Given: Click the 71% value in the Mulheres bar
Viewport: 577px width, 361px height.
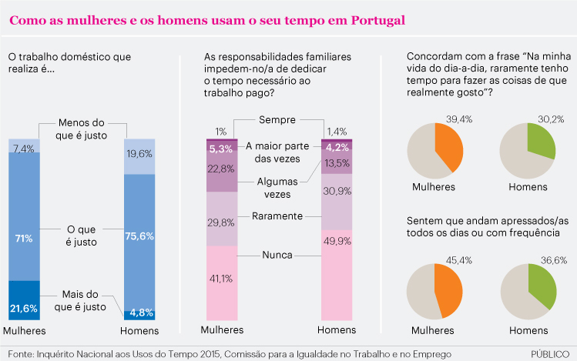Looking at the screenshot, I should point(25,239).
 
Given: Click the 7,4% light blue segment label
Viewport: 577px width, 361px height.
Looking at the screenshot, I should point(24,147).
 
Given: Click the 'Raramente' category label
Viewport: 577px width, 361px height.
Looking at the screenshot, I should point(277,216).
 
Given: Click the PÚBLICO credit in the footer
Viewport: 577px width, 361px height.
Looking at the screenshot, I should point(550,353).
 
